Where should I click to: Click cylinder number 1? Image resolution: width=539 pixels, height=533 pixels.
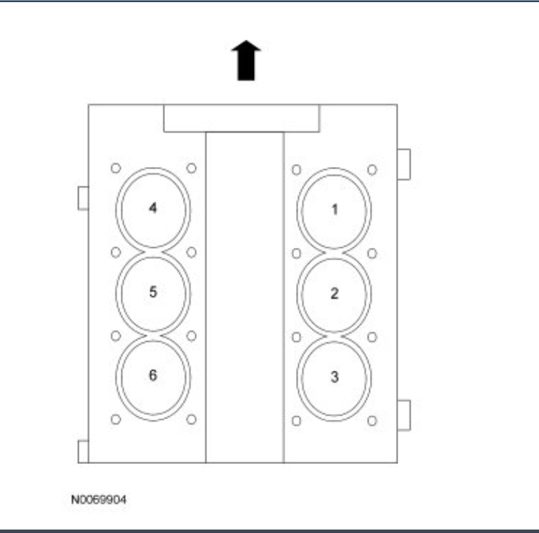334,209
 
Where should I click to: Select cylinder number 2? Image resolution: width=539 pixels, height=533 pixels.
334,293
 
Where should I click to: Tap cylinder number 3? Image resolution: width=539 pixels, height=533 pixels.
334,377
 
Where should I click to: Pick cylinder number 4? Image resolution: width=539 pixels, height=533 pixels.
153,208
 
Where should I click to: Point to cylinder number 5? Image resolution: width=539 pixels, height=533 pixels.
153,291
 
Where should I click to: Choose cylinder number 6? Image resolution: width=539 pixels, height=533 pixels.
153,376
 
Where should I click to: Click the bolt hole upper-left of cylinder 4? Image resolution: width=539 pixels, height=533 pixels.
116,168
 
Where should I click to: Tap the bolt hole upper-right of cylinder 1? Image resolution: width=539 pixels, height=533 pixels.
372,169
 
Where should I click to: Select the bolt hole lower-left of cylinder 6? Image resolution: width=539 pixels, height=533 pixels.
116,419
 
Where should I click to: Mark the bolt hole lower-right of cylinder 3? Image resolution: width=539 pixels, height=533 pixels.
372,420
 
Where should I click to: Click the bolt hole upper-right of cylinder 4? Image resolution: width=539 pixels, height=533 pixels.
192,168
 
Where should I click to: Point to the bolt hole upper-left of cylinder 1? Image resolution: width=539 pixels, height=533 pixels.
296,169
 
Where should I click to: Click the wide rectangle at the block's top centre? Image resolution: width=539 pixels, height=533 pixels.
241,118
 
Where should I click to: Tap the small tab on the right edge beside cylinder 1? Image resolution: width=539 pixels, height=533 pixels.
404,164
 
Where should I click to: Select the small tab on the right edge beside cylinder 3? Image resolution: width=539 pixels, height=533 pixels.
404,415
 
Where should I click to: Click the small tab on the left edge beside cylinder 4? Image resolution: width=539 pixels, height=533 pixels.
83,197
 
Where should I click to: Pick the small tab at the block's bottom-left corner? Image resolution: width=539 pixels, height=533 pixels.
83,451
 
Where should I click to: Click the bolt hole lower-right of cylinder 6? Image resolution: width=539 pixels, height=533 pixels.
192,419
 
